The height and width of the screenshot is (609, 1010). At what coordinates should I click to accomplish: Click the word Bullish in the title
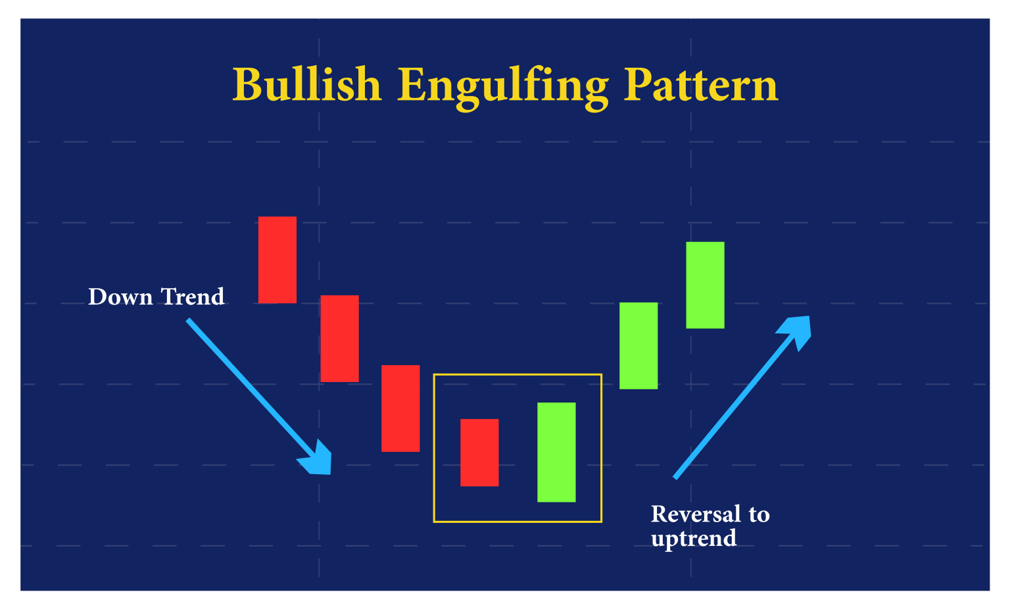[307, 85]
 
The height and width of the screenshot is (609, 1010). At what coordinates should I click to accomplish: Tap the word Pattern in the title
[701, 85]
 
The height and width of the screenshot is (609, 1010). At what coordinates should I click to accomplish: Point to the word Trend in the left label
[193, 297]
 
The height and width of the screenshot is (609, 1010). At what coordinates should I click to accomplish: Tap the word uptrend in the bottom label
[694, 539]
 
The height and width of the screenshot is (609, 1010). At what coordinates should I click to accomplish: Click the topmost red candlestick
[277, 260]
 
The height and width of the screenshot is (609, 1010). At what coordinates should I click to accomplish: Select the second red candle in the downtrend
[339, 338]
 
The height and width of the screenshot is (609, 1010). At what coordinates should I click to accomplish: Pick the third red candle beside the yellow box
[400, 408]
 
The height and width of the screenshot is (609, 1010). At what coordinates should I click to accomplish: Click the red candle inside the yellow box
[479, 452]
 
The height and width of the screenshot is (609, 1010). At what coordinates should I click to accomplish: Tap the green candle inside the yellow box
[556, 452]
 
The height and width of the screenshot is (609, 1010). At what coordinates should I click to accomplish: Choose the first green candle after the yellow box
[638, 345]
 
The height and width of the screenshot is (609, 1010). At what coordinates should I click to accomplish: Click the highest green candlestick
[705, 285]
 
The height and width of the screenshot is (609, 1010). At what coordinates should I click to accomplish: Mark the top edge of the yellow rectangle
[517, 375]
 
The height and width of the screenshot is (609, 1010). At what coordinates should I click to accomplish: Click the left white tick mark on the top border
[320, 14]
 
